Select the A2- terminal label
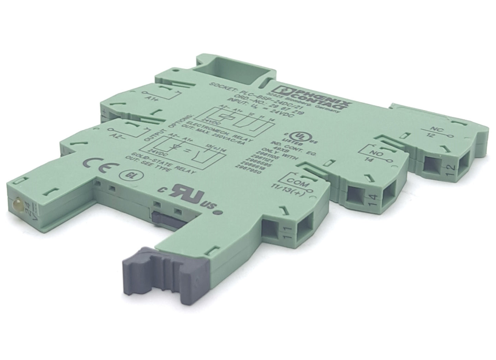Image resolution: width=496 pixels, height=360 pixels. click(119, 136)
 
